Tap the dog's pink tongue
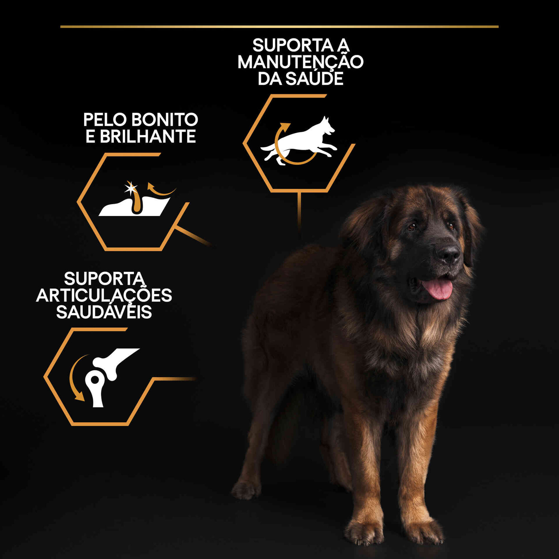point(437,289)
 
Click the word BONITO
point(165,120)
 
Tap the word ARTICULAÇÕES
point(104,295)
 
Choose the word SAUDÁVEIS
point(104,312)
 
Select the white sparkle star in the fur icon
point(131,188)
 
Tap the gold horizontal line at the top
point(279,27)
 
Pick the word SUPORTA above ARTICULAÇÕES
point(104,279)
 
